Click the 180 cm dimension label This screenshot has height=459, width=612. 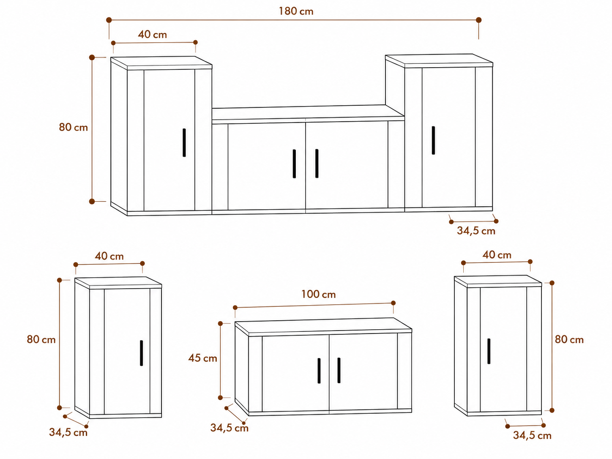click(296, 11)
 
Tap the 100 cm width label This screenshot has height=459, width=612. click(318, 294)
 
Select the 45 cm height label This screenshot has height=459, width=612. click(202, 358)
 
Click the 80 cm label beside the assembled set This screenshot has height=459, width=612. click(73, 127)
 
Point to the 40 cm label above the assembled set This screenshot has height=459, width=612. click(152, 35)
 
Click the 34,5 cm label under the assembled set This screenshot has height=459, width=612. click(476, 231)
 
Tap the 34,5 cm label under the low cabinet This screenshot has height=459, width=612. click(229, 428)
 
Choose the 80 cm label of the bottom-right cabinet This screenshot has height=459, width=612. click(569, 339)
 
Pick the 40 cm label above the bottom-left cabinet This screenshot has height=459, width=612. click(109, 256)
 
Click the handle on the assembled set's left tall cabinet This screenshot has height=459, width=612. click(184, 143)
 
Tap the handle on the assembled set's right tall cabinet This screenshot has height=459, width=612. click(433, 140)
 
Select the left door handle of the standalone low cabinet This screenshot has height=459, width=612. click(319, 371)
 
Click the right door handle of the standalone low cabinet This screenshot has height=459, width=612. click(339, 370)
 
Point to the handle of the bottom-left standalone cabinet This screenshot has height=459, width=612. click(141, 353)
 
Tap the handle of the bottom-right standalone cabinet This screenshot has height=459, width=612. click(489, 351)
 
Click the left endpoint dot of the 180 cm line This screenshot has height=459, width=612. click(109, 20)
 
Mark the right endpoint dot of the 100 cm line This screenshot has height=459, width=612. click(393, 303)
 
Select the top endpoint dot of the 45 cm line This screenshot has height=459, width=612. click(220, 324)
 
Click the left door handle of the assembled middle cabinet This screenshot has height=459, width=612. click(294, 164)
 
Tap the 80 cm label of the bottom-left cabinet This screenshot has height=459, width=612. click(41, 339)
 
